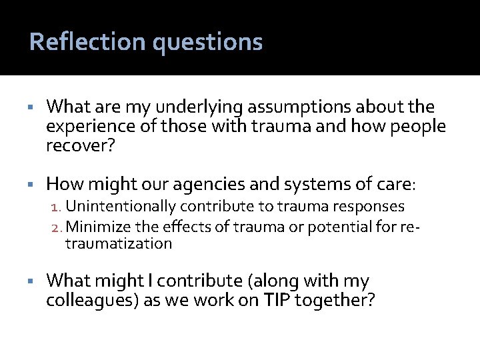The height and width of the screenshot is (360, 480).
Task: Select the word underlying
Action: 186,107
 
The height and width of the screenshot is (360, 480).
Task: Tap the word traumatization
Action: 119,244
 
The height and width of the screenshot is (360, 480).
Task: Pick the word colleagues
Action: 91,301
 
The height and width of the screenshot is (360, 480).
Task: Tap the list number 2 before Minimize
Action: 57,227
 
